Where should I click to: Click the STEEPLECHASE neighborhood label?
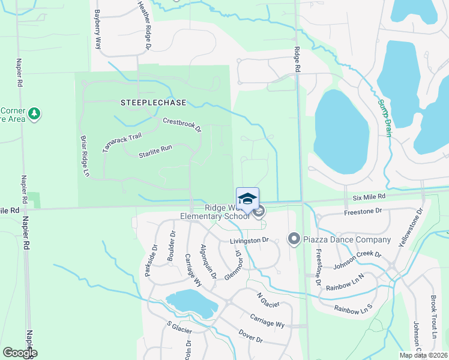[x=153, y=103]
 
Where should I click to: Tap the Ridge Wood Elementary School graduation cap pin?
[x=247, y=197]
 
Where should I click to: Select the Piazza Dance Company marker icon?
[x=294, y=239]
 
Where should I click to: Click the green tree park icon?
[x=35, y=113]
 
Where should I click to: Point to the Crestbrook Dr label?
[x=182, y=125]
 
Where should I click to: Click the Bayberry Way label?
[x=98, y=29]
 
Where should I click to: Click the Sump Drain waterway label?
[x=384, y=118]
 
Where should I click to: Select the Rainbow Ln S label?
[x=354, y=310]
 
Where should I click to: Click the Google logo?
[x=20, y=353]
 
